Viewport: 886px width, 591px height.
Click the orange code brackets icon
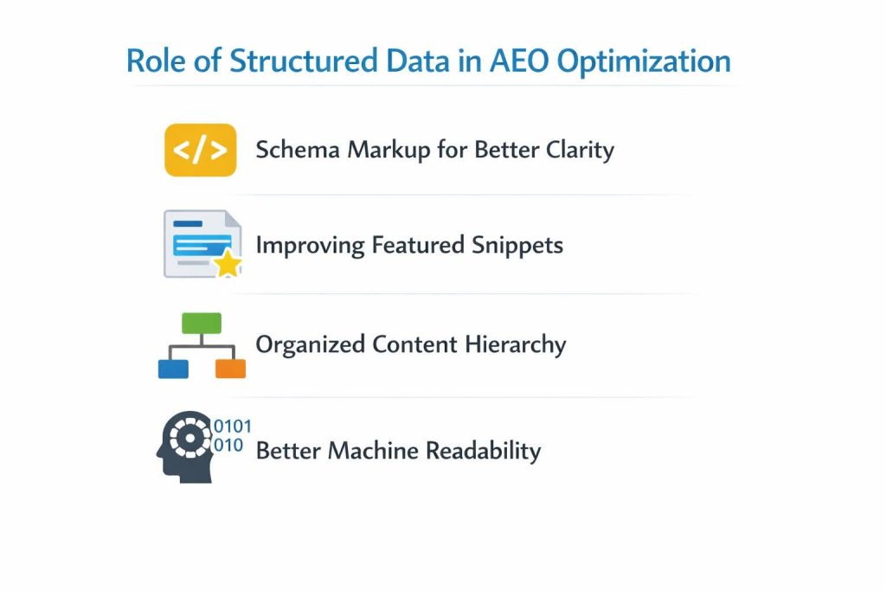[200, 151]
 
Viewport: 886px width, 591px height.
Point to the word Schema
[298, 150]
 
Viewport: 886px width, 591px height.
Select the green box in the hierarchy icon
[202, 324]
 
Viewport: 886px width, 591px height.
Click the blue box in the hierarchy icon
[173, 369]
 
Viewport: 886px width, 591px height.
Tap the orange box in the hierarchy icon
[230, 369]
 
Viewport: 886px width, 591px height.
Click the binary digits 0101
[233, 427]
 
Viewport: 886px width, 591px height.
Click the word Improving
[310, 246]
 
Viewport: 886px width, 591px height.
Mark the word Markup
[388, 151]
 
